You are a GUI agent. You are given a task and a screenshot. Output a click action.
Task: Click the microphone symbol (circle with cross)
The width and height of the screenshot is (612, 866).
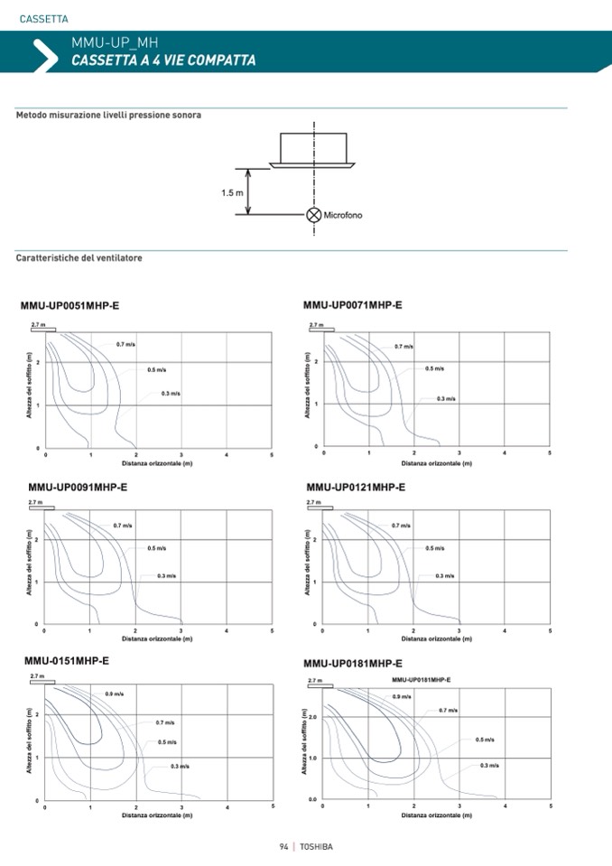coord(313,215)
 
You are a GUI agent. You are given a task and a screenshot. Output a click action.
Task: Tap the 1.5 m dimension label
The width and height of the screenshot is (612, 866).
coord(232,192)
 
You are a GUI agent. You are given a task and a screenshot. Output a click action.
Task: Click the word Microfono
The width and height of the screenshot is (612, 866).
coord(342,215)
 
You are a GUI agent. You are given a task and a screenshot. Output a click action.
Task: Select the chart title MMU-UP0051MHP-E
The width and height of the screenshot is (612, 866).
coord(70,306)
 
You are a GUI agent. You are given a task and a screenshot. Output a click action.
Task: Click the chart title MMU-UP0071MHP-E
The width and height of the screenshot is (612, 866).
coord(353,305)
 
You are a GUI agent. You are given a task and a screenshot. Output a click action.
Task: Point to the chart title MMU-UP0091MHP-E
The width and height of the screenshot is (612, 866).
coord(78,487)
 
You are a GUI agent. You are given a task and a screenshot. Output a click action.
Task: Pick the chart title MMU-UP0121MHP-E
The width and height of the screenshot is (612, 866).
coord(356,487)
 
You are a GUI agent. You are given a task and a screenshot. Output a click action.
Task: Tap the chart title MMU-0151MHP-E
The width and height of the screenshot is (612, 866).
coord(67,661)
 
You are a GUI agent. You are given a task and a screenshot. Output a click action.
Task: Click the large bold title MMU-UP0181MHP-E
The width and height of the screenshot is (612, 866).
coord(353,664)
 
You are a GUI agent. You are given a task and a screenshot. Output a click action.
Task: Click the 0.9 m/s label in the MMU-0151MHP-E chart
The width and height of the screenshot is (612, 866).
coord(115,694)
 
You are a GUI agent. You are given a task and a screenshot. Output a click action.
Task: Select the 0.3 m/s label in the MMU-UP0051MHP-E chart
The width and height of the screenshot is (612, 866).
coord(172,394)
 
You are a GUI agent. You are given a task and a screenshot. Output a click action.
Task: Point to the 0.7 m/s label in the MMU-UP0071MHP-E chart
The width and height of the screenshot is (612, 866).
coord(403,346)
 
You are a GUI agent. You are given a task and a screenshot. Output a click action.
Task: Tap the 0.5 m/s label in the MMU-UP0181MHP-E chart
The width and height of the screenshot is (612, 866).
coord(485,740)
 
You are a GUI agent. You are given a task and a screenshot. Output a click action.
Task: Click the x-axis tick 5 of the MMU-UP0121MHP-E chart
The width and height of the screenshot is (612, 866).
coord(550,631)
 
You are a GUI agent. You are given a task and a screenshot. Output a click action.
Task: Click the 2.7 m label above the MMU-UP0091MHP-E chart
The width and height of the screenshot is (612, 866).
coord(36,501)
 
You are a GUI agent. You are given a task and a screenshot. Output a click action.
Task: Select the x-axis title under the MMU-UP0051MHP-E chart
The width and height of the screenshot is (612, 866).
coord(158,462)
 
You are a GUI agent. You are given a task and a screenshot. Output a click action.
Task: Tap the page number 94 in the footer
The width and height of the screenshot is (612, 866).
coord(283,847)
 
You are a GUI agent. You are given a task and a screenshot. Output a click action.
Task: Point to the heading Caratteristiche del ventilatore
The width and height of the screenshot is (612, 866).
coord(79,258)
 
